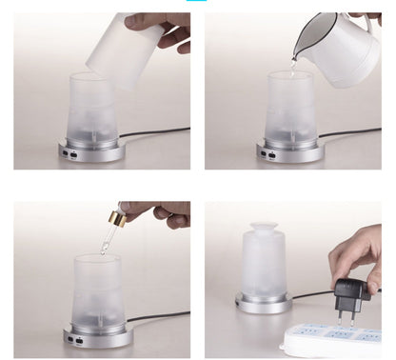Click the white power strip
[333, 338]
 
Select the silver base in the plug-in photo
[263, 303]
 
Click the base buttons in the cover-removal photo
[69, 152]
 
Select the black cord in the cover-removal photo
[157, 132]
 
